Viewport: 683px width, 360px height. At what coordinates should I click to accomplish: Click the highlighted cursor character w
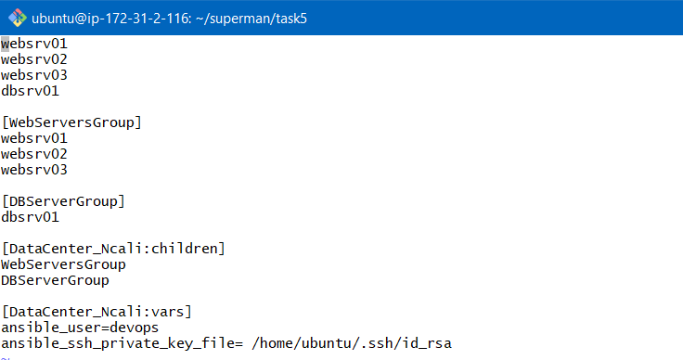5,44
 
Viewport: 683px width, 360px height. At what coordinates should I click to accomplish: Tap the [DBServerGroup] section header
63,201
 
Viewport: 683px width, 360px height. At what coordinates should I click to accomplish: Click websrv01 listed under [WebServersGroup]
34,138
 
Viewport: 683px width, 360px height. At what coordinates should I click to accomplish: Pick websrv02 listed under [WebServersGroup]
34,154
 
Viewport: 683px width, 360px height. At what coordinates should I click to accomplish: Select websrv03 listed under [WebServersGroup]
34,170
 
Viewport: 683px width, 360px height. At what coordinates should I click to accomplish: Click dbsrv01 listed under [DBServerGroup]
31,217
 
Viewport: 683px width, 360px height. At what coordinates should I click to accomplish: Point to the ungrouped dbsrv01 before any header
31,91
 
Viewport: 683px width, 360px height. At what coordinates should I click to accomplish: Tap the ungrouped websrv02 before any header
34,59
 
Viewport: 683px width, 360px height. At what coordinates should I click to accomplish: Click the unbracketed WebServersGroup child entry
63,264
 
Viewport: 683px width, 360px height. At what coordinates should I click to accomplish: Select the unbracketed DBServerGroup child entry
55,280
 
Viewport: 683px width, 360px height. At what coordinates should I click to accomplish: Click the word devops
135,328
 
